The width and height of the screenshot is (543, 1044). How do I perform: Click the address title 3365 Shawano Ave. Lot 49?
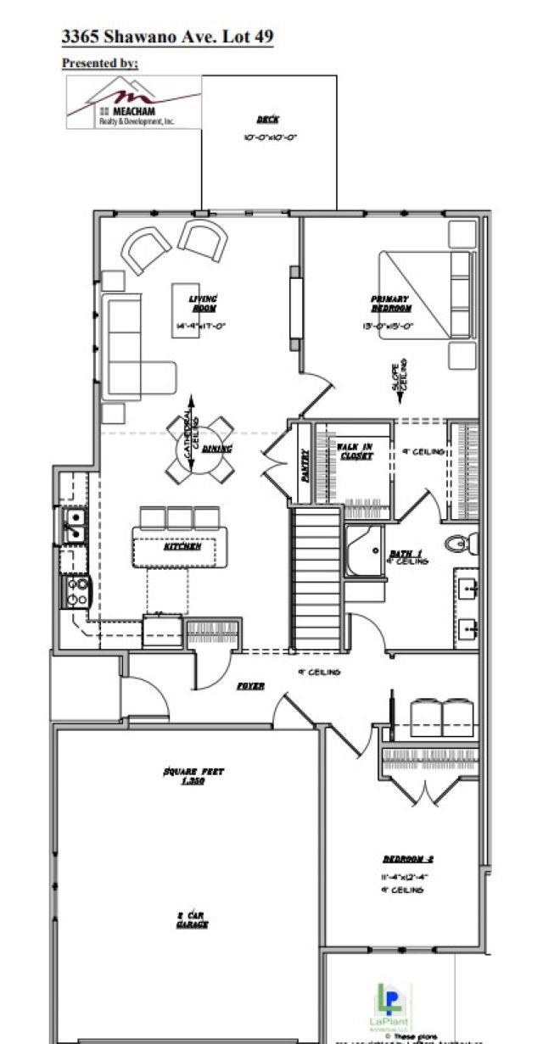point(167,36)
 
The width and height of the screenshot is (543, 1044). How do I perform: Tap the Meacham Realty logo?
point(134,103)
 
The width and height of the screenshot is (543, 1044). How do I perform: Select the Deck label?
point(268,120)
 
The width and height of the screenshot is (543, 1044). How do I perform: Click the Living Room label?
point(203,304)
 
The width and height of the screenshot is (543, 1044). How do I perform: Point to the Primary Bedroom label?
point(389,304)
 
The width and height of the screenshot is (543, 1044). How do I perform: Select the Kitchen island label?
point(182,547)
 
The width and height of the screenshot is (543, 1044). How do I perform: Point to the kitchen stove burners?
point(77,590)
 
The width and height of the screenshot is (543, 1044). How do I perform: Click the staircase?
point(316,577)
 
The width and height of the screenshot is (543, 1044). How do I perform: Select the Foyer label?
point(250,685)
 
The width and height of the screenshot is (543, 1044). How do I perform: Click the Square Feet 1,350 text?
point(193,776)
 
